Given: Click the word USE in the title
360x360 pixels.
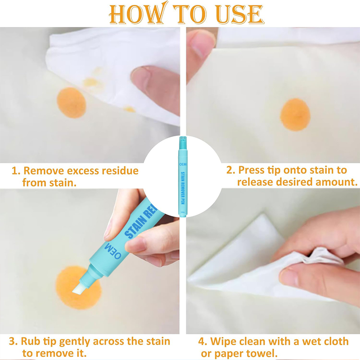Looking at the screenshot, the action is click(x=240, y=14).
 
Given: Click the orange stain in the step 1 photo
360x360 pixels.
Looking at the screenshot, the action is click(x=71, y=103).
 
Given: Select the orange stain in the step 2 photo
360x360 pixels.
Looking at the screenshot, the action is click(x=295, y=115).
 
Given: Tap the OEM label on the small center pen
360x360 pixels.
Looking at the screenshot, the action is click(x=183, y=164).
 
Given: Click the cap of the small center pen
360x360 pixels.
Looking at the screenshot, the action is click(x=183, y=140).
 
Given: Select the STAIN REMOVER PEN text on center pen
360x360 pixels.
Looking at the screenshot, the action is click(x=183, y=188).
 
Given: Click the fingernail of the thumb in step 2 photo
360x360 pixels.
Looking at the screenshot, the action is click(x=199, y=46).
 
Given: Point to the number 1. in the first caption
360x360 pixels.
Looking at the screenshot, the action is click(x=16, y=171).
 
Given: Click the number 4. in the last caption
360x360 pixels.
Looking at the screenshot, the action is click(x=202, y=342).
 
